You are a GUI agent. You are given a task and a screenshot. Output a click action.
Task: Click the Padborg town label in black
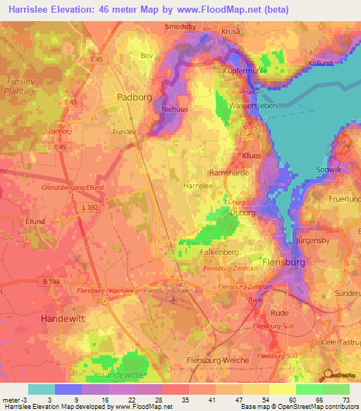(134, 98)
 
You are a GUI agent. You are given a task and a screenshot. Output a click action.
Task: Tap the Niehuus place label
(177, 109)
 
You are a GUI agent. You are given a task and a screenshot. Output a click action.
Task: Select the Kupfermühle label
(250, 73)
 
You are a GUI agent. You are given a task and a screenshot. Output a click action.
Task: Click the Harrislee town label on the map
(198, 184)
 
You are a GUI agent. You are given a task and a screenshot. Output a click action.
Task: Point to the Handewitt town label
(63, 318)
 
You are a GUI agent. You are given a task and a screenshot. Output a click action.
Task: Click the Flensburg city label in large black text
(283, 262)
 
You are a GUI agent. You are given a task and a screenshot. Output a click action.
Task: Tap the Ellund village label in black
(35, 221)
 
